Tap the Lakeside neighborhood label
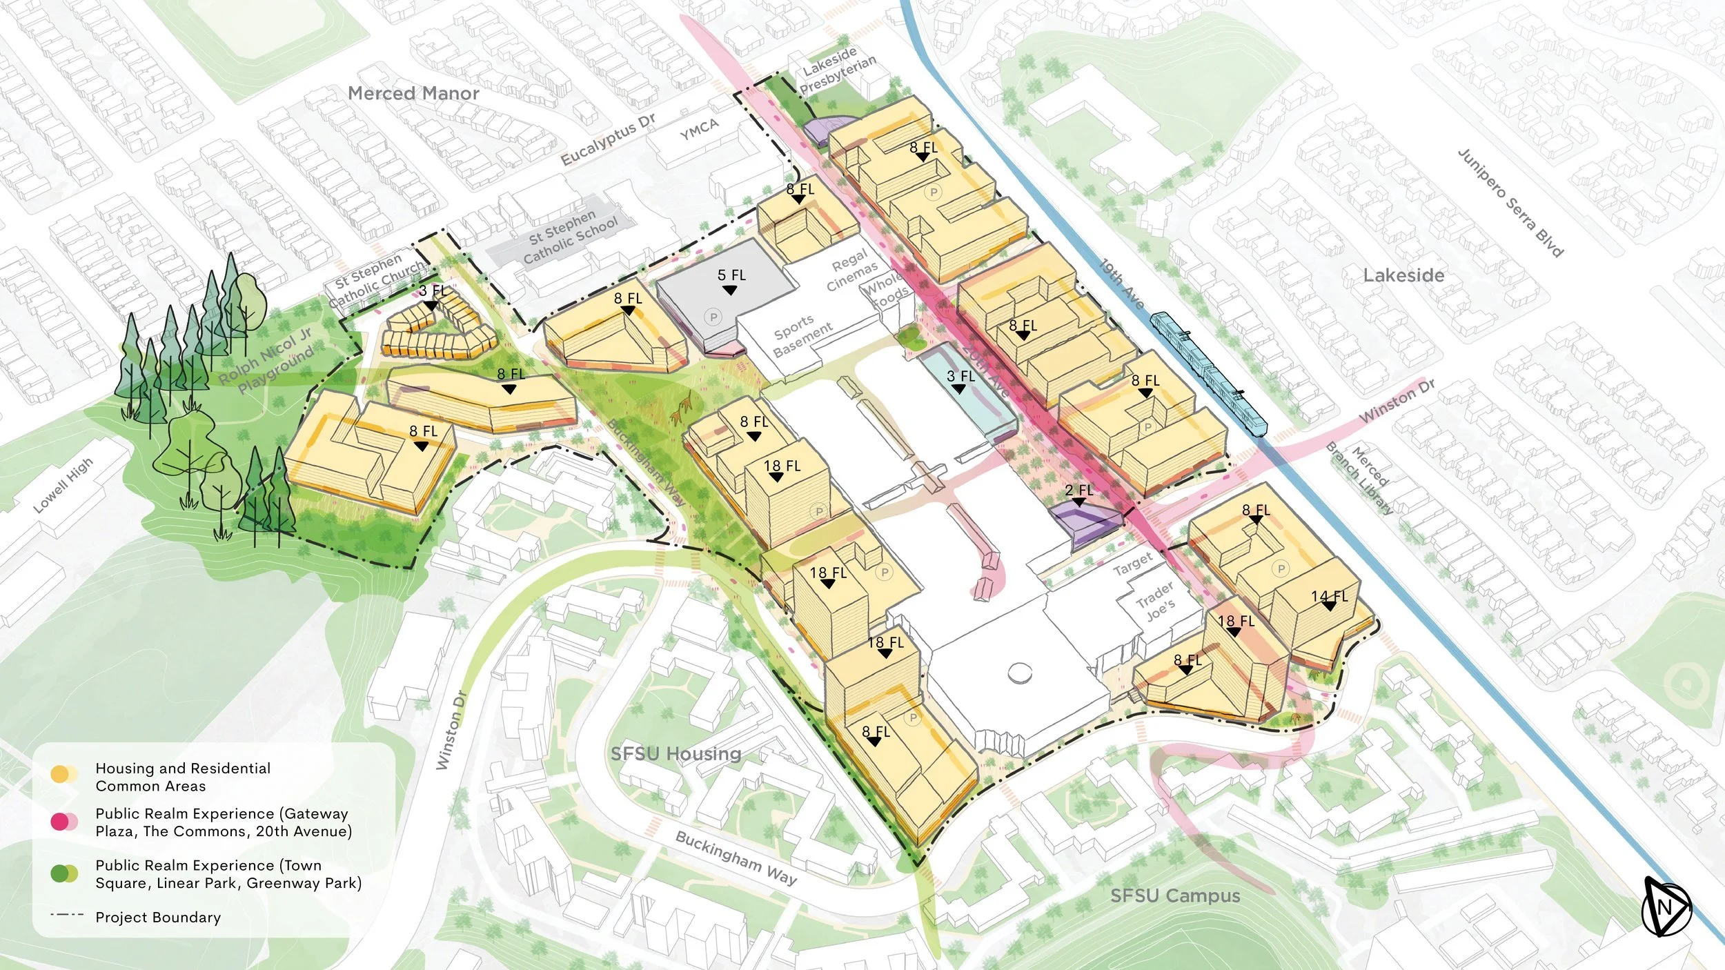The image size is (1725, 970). [1403, 275]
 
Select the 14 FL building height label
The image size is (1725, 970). [1329, 597]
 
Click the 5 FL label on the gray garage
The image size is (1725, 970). [731, 275]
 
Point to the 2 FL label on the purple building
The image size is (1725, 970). [1078, 491]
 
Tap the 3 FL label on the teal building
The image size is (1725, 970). [960, 377]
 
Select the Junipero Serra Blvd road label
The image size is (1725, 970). [1510, 202]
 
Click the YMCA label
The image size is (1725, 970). [699, 129]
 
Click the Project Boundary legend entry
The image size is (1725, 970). [158, 917]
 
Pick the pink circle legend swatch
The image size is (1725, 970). [60, 822]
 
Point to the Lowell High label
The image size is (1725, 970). [63, 486]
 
